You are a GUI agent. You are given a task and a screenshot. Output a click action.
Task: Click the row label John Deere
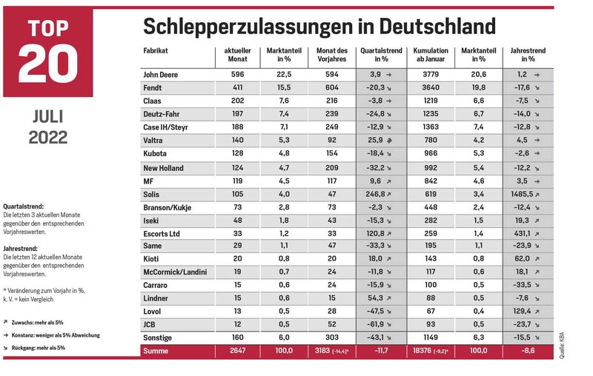[x=160, y=75]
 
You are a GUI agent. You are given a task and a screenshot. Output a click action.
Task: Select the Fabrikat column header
[x=156, y=50]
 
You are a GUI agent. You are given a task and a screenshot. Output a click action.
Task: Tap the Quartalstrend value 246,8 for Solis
[x=375, y=194]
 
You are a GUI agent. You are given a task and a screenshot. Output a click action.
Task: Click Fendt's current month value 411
[x=237, y=87]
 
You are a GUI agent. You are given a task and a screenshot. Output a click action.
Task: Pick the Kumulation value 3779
[x=431, y=74]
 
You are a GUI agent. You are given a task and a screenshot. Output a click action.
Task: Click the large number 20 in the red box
[x=48, y=63]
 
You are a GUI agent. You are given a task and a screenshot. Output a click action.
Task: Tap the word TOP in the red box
[x=48, y=28]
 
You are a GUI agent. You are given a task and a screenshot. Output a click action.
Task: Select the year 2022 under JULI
[x=48, y=138]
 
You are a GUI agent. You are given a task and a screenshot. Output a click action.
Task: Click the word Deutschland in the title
[x=437, y=26]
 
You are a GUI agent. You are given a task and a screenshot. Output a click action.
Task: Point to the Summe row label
[x=156, y=351]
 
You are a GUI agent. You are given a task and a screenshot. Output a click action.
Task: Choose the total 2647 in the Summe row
[x=237, y=350]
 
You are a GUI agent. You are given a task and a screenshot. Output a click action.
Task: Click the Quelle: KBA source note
[x=562, y=346]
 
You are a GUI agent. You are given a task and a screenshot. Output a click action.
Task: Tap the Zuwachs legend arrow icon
[x=6, y=322]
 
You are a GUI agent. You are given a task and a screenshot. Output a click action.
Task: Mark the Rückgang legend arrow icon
[x=6, y=348]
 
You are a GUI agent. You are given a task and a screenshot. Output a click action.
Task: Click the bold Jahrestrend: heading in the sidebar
[x=21, y=249]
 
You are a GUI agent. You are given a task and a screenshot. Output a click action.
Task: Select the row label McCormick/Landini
[x=175, y=272]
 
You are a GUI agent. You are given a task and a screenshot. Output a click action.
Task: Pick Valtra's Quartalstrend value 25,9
[x=375, y=140]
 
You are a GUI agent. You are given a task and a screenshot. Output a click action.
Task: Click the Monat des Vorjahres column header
[x=332, y=55]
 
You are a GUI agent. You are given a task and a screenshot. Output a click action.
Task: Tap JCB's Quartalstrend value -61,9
[x=375, y=324]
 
